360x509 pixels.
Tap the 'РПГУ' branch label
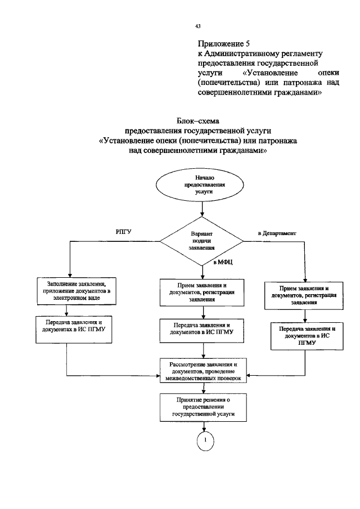(x=124, y=232)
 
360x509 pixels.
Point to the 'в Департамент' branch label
(x=277, y=232)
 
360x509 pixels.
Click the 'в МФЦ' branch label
(x=223, y=263)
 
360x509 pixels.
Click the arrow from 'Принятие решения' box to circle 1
(x=205, y=426)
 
